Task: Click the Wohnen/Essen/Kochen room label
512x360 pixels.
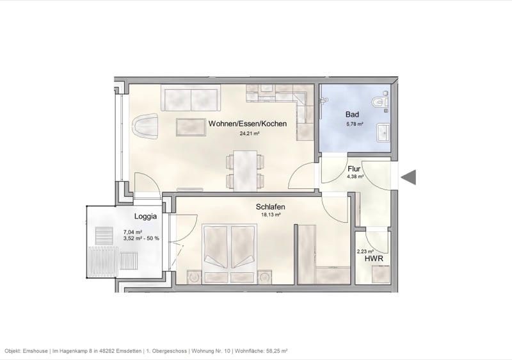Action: click(x=247, y=123)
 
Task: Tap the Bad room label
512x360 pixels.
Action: click(x=352, y=115)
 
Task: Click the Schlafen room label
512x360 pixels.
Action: click(x=270, y=207)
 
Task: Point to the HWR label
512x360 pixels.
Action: click(x=374, y=259)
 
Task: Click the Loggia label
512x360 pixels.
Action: click(x=147, y=217)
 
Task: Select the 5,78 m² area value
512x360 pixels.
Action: click(x=355, y=124)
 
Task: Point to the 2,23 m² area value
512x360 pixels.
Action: click(x=364, y=252)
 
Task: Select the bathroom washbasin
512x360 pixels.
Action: click(x=384, y=133)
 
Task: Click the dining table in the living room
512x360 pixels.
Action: click(x=244, y=170)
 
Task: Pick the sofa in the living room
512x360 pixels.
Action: click(x=191, y=99)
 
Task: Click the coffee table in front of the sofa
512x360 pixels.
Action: click(x=191, y=128)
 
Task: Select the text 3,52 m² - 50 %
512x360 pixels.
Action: click(x=141, y=238)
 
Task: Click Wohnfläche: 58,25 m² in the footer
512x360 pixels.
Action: click(x=260, y=351)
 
